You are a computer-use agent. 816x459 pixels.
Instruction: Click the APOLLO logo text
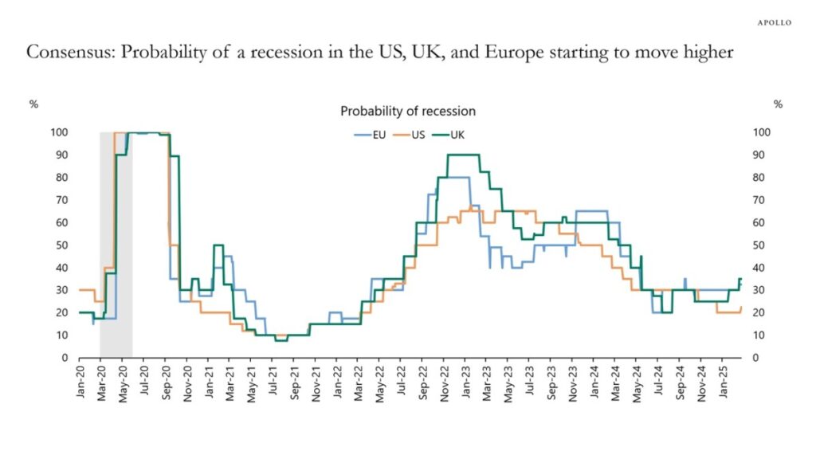tap(773, 22)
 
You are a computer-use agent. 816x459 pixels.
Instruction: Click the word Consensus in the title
tap(64, 53)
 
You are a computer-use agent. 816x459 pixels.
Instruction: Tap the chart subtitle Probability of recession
tap(408, 111)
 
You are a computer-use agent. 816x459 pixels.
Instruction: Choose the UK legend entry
tap(450, 135)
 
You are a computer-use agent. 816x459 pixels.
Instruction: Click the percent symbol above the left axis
tap(33, 104)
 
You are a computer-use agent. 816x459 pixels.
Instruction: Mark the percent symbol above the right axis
tap(778, 104)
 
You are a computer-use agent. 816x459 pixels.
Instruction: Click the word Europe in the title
tap(516, 53)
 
